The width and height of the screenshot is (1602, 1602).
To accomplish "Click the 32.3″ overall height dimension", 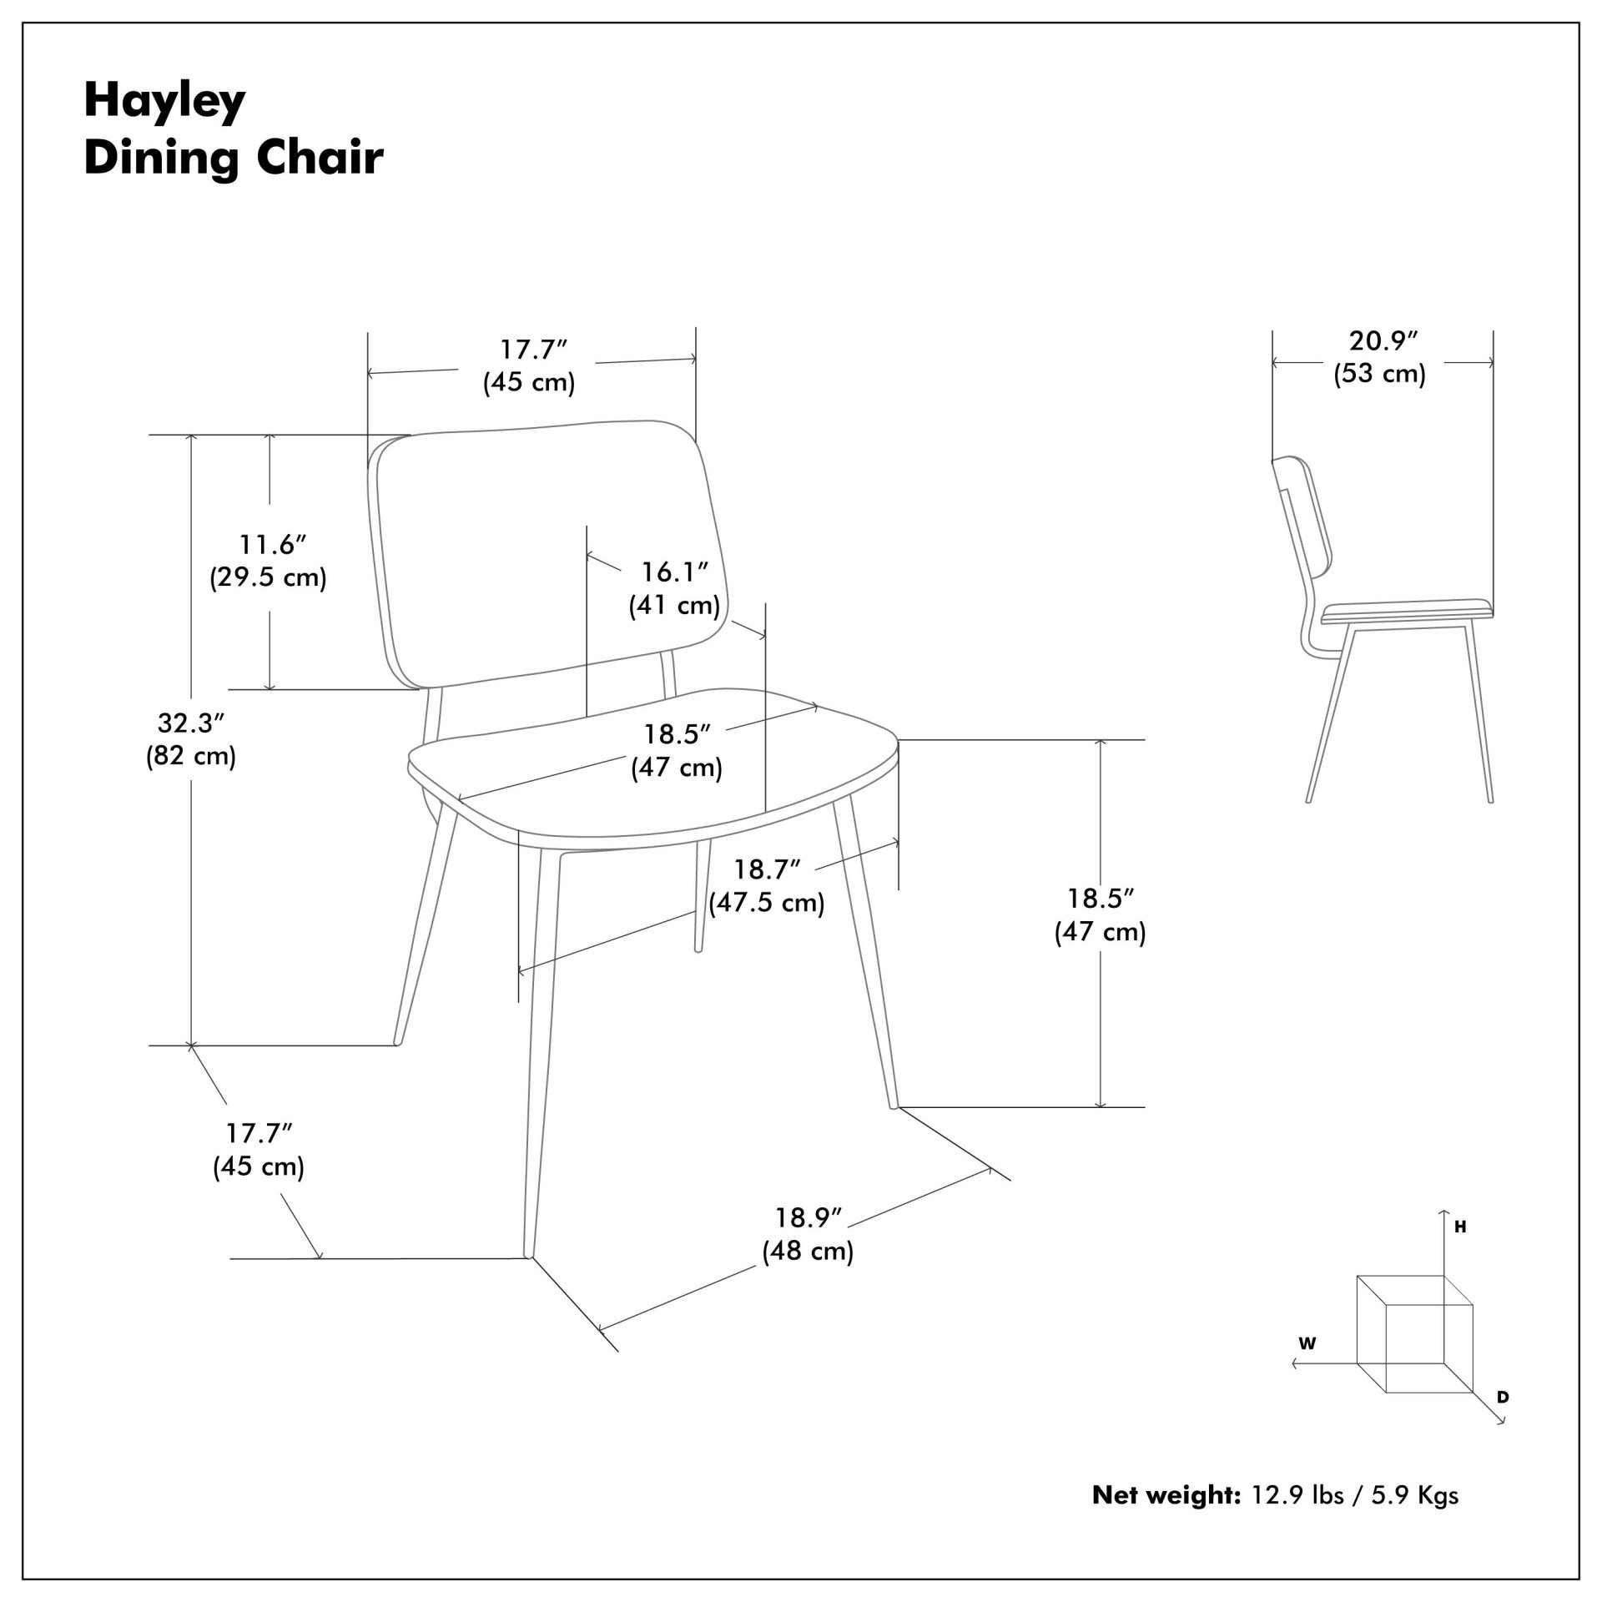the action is tap(191, 723).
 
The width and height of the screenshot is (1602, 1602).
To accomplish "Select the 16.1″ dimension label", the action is tap(674, 572).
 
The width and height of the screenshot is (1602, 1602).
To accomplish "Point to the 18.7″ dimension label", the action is tap(767, 869).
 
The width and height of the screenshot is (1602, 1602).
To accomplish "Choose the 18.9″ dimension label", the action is tap(808, 1218).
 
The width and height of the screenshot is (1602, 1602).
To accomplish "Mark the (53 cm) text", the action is tap(1380, 374).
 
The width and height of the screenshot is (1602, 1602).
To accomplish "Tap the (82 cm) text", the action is tap(191, 756).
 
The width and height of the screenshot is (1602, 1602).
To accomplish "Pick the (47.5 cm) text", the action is tap(767, 903).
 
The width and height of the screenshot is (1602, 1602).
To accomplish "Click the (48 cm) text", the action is tap(808, 1252).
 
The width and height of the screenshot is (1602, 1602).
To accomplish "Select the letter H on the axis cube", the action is tap(1460, 1227).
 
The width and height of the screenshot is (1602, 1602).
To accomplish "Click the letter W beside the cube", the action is tap(1307, 1343).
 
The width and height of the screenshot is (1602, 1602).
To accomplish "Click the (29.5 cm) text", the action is tap(268, 577).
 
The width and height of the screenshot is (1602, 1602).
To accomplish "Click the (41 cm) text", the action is tap(674, 605).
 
